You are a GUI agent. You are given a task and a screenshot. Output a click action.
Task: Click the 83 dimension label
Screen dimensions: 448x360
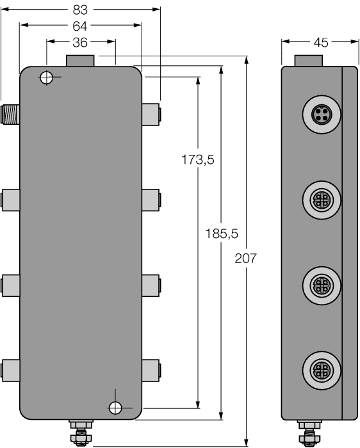pyautogui.click(x=81, y=10)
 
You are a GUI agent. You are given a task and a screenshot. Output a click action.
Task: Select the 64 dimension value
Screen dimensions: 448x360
pyautogui.click(x=81, y=26)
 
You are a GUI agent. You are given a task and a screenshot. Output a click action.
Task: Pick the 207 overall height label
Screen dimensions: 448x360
pyautogui.click(x=246, y=259)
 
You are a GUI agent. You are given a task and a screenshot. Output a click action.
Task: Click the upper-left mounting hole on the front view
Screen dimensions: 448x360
pyautogui.click(x=46, y=78)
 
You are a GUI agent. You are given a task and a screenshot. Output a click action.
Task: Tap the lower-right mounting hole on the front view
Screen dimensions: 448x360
pyautogui.click(x=115, y=407)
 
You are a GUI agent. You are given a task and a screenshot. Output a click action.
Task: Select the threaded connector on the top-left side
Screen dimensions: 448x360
pyautogui.click(x=10, y=113)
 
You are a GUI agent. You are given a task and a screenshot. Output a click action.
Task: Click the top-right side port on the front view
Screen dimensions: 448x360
pyautogui.click(x=151, y=114)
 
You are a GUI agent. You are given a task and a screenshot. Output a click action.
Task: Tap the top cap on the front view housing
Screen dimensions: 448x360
pyautogui.click(x=81, y=61)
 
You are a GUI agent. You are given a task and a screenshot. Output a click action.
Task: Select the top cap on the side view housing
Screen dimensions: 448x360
pyautogui.click(x=308, y=61)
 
